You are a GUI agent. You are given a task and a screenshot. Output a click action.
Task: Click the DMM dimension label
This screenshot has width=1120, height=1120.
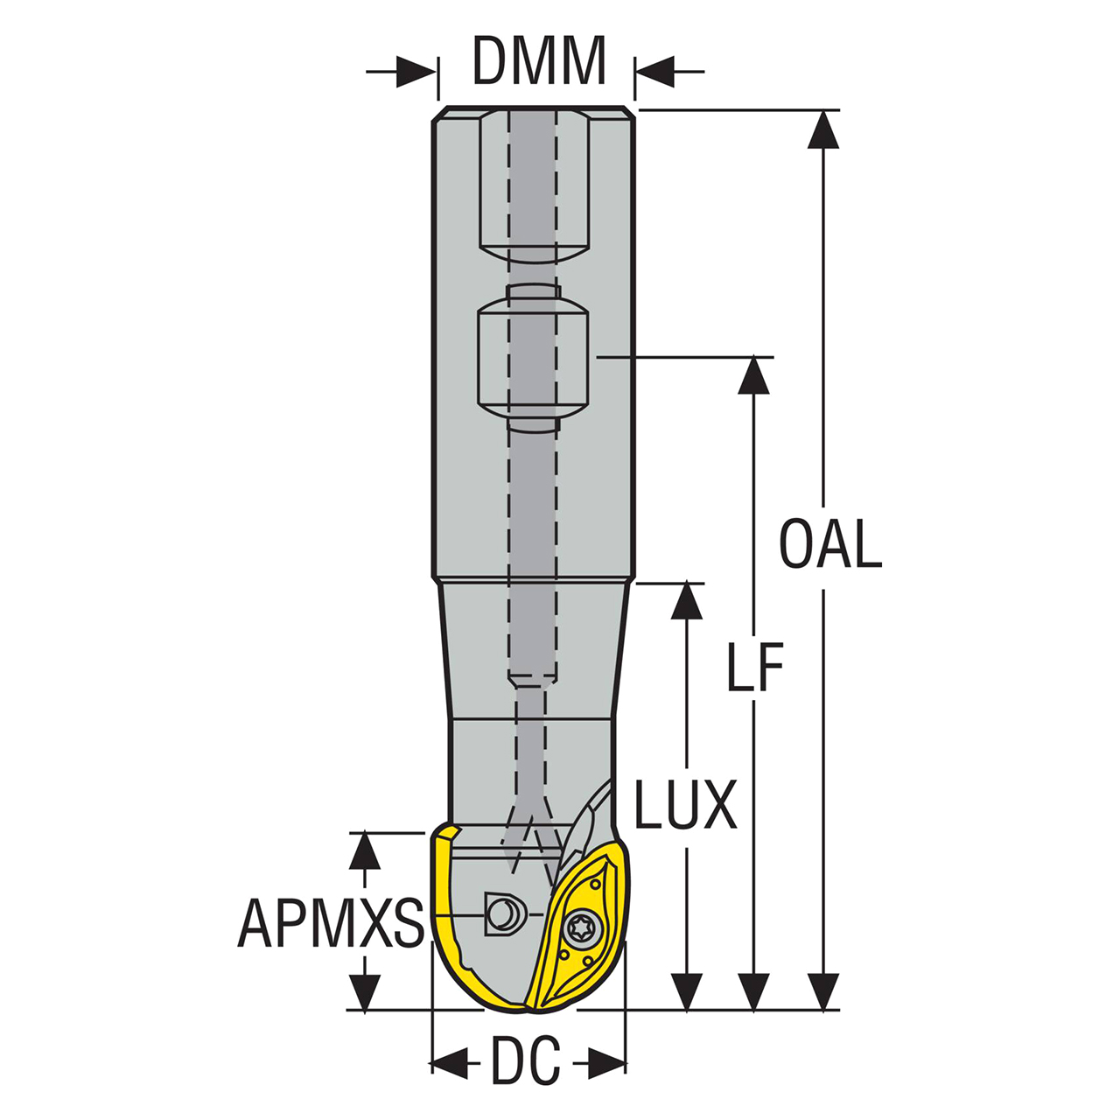coord(539,61)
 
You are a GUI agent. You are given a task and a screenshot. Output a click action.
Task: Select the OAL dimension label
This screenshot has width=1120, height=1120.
coord(830,544)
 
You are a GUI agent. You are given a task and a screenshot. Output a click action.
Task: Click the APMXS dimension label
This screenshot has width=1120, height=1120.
coord(331,923)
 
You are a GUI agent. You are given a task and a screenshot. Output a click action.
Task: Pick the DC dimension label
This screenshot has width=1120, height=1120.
coord(525,1063)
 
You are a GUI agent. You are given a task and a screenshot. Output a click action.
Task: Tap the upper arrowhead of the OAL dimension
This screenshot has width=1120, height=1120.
coord(822,129)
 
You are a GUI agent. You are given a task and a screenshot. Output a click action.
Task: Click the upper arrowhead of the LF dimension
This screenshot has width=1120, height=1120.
coord(753,376)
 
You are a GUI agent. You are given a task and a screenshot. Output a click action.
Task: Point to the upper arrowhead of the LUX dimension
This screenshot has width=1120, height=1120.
coord(686,602)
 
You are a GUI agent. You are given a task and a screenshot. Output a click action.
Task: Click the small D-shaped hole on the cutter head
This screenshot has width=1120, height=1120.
coord(502,915)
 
